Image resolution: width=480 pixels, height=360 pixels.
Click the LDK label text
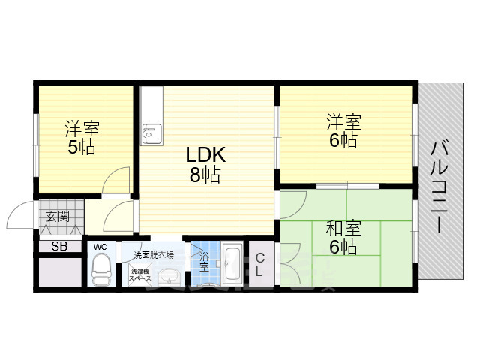coord(205,155)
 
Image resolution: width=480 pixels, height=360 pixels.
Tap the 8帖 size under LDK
coord(205,176)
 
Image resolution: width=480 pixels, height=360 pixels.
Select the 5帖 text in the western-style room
coord(81,147)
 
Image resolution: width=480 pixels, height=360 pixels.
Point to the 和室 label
coord(342,227)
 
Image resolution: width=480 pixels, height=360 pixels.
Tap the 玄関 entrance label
coord(57,217)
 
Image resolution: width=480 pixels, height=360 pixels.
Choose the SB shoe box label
coord(58,246)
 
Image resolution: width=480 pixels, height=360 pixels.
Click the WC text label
coord(100,246)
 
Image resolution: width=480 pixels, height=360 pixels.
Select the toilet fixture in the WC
coord(100,270)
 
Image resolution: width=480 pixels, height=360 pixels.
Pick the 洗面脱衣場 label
coord(153,254)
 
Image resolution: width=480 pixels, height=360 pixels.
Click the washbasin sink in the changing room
coord(169,274)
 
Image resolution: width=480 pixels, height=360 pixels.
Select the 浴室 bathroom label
coord(205,261)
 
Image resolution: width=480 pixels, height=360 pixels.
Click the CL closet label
coord(259,265)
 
